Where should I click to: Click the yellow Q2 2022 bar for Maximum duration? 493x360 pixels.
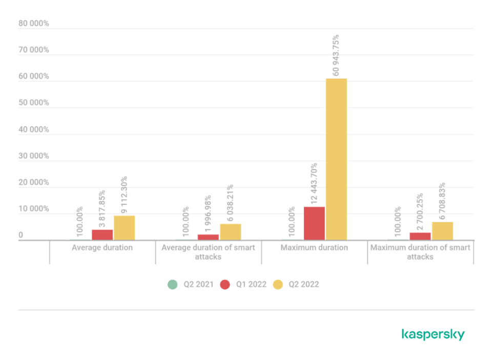(x=336, y=159)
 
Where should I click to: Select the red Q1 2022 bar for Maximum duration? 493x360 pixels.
(x=314, y=223)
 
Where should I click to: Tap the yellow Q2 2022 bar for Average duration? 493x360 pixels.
(x=124, y=227)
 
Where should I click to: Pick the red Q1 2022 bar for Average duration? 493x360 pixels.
(x=102, y=235)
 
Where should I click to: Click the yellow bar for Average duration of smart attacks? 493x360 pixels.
(x=230, y=231)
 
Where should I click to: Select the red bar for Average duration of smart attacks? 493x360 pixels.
(x=208, y=237)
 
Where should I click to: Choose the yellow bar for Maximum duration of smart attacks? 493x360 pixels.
(x=442, y=230)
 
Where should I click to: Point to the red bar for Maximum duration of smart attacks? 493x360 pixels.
(x=420, y=236)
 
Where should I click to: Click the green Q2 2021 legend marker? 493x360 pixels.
(x=172, y=285)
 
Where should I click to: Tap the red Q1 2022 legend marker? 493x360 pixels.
(x=224, y=285)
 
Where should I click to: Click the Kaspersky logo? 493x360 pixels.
(x=433, y=335)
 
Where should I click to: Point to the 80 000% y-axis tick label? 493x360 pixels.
(x=33, y=23)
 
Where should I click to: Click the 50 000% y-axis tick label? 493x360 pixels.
(x=33, y=102)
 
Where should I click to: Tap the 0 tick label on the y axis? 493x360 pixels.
(x=21, y=236)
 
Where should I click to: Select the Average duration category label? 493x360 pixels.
(x=102, y=247)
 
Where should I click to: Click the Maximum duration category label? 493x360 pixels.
(x=315, y=247)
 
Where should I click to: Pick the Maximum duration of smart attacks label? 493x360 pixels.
(x=420, y=252)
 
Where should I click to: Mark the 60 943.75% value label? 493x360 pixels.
(x=336, y=55)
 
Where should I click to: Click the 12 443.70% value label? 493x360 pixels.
(x=314, y=183)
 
